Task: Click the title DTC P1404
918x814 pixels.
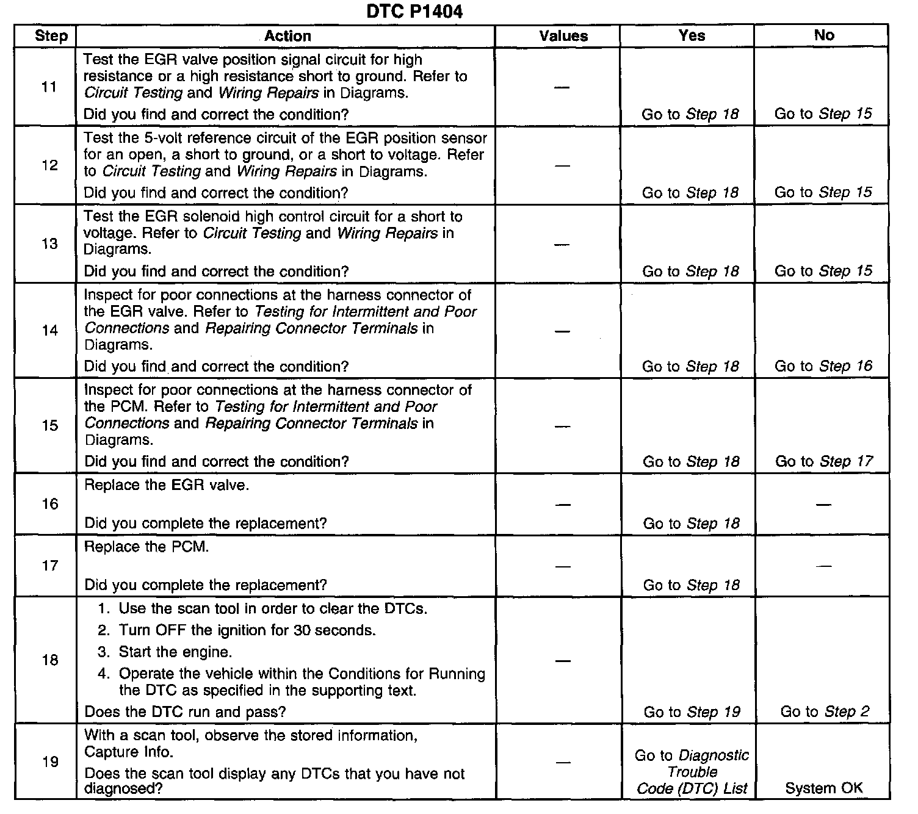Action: tap(414, 12)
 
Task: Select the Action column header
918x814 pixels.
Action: tap(287, 36)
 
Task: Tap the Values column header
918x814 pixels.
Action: tap(563, 36)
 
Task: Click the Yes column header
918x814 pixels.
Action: tap(692, 35)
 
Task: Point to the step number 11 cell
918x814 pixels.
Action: tap(49, 87)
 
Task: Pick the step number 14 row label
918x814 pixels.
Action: tap(49, 330)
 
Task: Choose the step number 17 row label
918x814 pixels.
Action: tap(49, 566)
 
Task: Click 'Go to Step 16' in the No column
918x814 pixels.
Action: tap(823, 366)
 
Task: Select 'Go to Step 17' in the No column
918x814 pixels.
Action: tap(824, 461)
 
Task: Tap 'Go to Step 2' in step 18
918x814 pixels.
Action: tap(825, 711)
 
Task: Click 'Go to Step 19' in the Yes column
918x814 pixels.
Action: tap(692, 712)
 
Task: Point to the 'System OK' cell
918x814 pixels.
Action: tap(824, 788)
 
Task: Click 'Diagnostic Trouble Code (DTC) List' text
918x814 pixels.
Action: tap(692, 772)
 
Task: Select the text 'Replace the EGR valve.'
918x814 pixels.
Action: tap(167, 486)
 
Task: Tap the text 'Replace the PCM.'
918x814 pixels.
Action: tap(146, 547)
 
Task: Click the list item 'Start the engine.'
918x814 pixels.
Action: tap(175, 652)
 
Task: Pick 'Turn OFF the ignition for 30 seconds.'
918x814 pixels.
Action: tap(247, 630)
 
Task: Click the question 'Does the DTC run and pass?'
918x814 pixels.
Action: tap(185, 711)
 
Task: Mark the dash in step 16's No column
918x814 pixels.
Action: tap(823, 505)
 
